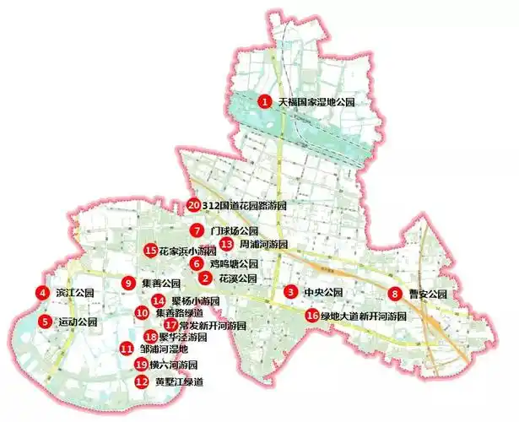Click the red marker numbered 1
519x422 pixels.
(x=264, y=102)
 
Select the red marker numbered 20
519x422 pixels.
(x=193, y=205)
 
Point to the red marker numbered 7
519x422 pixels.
(x=196, y=230)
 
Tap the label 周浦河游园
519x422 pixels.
(x=264, y=244)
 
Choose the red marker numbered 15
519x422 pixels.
(x=151, y=251)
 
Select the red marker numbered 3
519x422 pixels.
(x=290, y=292)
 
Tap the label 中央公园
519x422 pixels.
(x=324, y=293)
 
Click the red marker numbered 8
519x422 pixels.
(x=394, y=294)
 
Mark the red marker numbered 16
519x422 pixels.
(x=312, y=316)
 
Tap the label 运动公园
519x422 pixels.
(x=78, y=322)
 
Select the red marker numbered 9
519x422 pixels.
(x=128, y=284)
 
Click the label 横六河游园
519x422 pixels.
(x=174, y=365)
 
